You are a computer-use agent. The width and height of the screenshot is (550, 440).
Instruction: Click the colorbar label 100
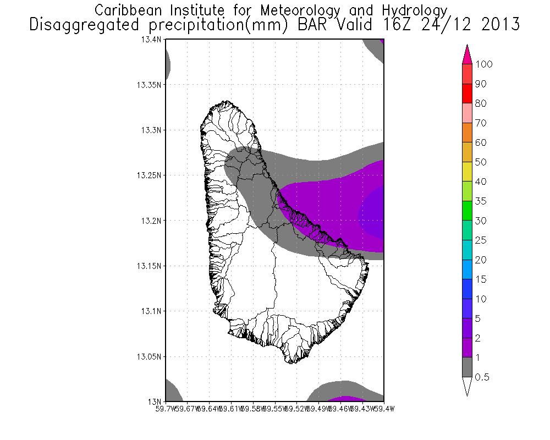pyautogui.click(x=484, y=64)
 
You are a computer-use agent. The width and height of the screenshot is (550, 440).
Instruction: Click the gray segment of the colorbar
pyautogui.click(x=468, y=367)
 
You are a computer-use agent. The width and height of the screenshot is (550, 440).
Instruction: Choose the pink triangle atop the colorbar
pyautogui.click(x=468, y=53)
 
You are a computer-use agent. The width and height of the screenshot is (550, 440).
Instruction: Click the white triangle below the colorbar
pyautogui.click(x=468, y=386)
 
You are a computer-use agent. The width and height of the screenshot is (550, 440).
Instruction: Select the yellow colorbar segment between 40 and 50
pyautogui.click(x=468, y=172)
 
